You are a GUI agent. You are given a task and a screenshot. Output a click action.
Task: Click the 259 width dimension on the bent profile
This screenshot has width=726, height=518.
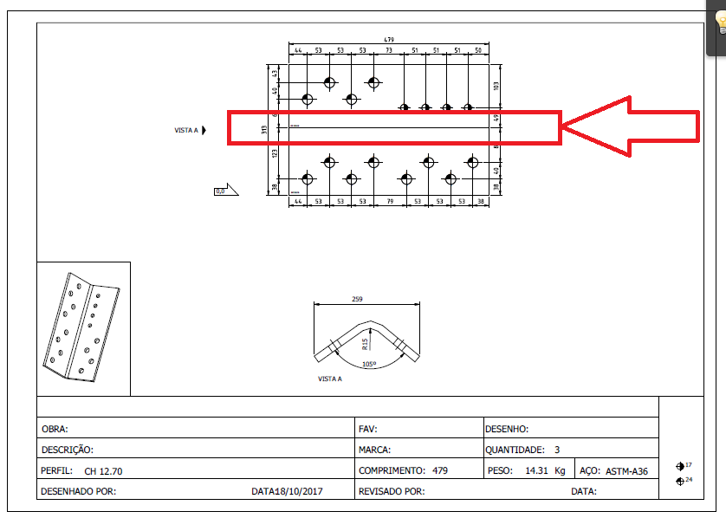pos(358,299)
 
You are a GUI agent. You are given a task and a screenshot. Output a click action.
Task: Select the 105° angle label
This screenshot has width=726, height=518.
pos(369,365)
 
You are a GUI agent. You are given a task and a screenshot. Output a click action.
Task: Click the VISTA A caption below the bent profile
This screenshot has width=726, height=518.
pos(330,379)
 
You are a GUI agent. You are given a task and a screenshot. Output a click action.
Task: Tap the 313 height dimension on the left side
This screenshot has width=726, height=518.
pos(264,130)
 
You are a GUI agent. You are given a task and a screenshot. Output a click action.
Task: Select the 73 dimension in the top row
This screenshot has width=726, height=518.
pos(389,51)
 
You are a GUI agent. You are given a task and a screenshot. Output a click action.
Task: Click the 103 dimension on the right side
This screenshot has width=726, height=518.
pos(496,86)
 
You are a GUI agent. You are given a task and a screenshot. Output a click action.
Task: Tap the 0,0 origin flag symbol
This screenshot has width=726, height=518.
pos(220,191)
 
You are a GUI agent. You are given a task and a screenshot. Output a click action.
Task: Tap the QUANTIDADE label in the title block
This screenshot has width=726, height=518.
pos(515,450)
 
